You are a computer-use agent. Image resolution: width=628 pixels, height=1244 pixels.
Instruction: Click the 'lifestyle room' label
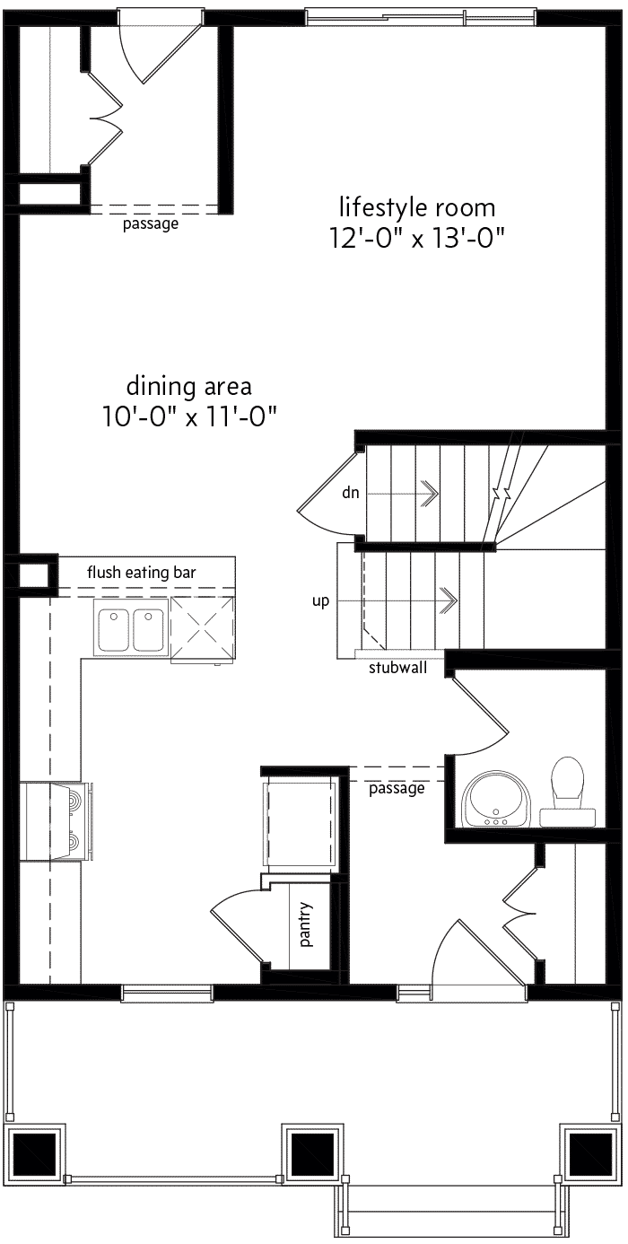[417, 207]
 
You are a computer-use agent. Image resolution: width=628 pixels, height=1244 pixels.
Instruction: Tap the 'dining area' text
[188, 386]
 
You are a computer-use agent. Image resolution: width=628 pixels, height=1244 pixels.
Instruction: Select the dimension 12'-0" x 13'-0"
[417, 239]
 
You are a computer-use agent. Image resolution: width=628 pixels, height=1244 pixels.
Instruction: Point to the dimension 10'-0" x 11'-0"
[188, 416]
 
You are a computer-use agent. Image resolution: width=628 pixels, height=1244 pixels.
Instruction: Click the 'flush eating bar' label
[142, 573]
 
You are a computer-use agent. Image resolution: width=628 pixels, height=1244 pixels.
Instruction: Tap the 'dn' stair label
[351, 493]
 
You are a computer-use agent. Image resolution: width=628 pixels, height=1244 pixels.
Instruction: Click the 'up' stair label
[320, 600]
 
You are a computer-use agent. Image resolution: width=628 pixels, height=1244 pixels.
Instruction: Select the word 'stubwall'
[398, 668]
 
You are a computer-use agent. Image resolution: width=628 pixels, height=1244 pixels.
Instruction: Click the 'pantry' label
[306, 924]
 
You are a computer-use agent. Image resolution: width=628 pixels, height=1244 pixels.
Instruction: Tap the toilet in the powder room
[568, 790]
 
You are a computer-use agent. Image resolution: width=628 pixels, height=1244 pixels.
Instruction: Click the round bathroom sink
[497, 799]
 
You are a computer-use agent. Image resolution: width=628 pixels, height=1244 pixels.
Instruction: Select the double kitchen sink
[131, 628]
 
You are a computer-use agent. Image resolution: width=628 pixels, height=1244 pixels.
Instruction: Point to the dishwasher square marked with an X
[203, 630]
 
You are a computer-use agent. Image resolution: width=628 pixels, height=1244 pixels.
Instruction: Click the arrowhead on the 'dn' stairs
[430, 493]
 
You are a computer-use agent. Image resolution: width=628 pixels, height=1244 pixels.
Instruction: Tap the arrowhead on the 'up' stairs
[449, 600]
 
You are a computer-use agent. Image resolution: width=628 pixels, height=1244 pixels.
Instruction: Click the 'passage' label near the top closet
[151, 223]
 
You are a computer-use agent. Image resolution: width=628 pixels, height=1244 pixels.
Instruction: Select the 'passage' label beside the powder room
[397, 788]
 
